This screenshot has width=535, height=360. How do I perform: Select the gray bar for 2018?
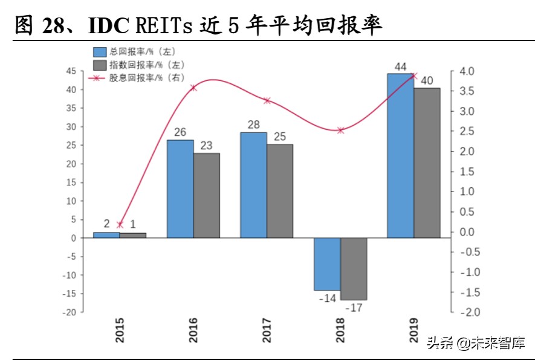point(354,269)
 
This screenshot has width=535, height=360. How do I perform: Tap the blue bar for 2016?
point(180,188)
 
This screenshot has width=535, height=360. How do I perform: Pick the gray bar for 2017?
point(280,191)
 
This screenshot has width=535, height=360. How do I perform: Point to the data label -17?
point(354,308)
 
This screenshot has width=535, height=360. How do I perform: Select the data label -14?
point(327,298)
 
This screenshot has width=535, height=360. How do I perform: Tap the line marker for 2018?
point(341,130)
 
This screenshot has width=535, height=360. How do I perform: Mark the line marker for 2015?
point(120,225)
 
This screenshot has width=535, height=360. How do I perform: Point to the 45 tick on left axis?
point(71,71)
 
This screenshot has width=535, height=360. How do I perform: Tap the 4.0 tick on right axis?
point(467,71)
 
